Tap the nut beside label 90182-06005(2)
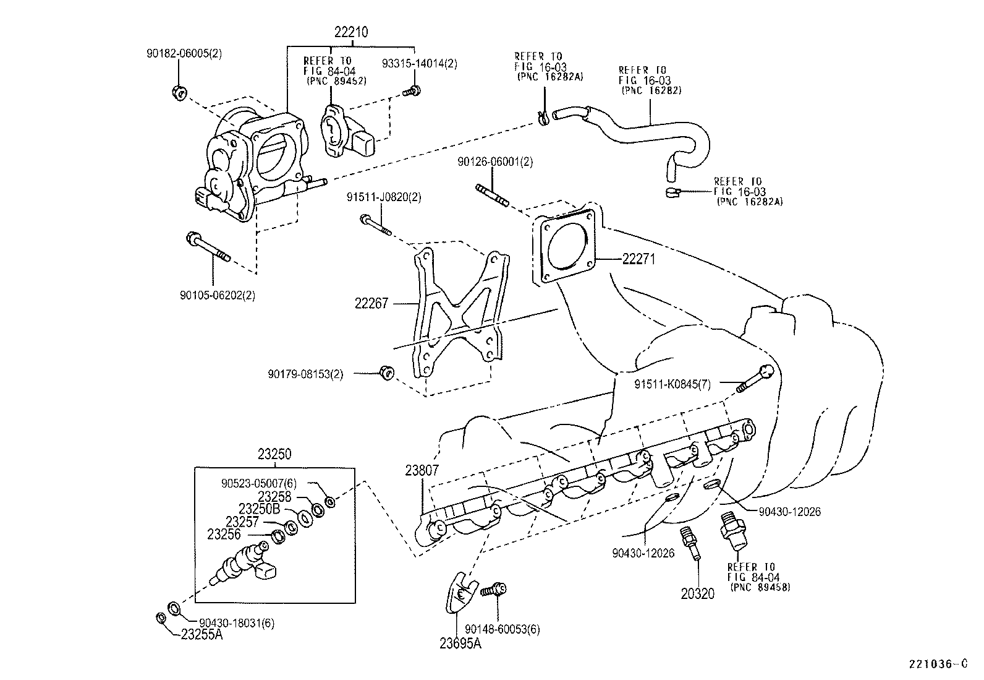coord(178,93)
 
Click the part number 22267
coord(371,303)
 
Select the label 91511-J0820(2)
coord(384,197)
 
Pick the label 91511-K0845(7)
coord(672,384)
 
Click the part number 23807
coord(422,470)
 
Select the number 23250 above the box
coord(274,455)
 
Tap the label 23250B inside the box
coord(260,509)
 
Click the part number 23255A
coord(202,634)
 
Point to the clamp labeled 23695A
coord(460,595)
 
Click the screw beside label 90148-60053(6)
coord(495,590)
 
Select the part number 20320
coord(698,594)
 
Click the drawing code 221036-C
coord(936,665)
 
